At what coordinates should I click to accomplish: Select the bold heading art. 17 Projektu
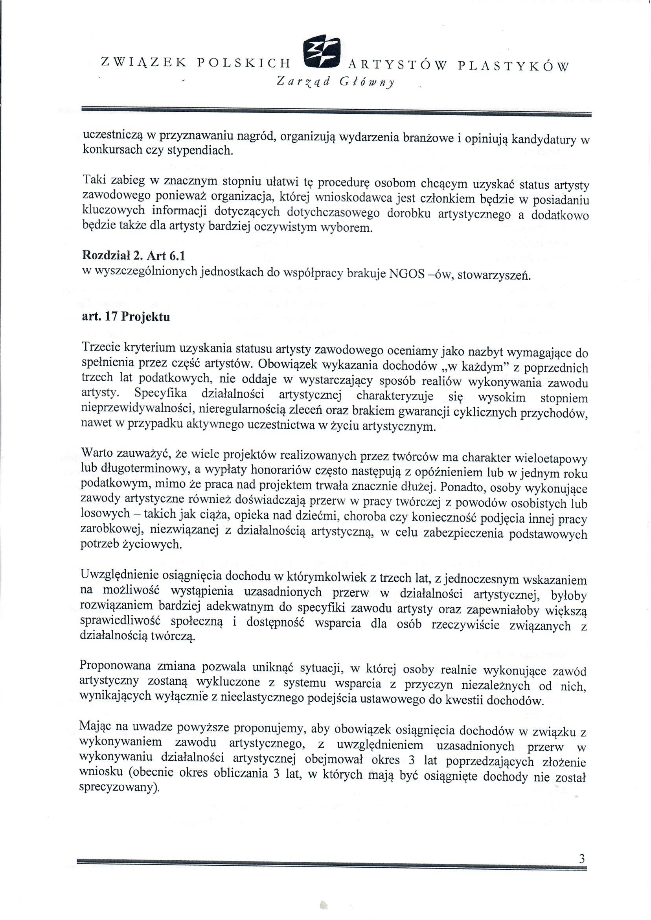pyautogui.click(x=126, y=317)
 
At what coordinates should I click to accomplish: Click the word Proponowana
pyautogui.click(x=116, y=666)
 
